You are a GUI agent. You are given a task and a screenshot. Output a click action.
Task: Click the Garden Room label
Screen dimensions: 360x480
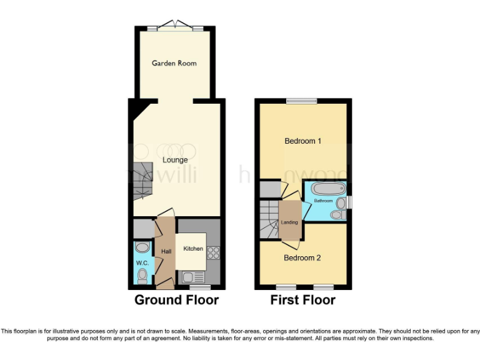point(174,63)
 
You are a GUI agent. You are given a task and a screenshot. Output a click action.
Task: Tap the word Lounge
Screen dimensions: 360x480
point(175,160)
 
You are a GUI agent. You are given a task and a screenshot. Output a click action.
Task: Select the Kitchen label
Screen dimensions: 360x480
point(192,249)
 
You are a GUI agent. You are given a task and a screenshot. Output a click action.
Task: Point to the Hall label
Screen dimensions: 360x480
point(166,251)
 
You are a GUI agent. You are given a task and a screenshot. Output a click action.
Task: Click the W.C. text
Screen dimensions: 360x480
point(142,263)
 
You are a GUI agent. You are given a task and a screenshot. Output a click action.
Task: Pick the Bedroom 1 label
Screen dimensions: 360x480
point(302,141)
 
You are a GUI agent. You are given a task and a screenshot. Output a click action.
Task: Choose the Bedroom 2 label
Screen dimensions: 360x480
point(302,257)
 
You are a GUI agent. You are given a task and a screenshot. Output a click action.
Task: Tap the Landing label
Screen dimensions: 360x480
point(289,222)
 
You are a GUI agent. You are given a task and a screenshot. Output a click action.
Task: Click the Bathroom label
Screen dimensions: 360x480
point(323,201)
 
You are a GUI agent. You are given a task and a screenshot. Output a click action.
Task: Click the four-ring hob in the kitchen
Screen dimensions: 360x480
point(213,253)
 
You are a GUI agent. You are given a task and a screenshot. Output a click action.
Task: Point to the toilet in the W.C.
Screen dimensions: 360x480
point(142,276)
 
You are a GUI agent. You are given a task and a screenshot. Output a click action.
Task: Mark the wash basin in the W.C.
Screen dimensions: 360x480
point(142,247)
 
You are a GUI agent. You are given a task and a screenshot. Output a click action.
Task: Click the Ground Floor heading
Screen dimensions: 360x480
point(177,300)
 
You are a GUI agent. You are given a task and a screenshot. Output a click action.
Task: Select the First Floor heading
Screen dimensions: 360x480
point(302,300)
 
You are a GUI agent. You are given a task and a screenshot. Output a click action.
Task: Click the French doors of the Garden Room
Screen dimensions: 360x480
point(174,25)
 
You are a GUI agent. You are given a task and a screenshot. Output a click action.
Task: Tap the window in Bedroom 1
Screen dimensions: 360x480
point(302,101)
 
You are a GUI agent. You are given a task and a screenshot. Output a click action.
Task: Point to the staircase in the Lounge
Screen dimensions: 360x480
point(142,179)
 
